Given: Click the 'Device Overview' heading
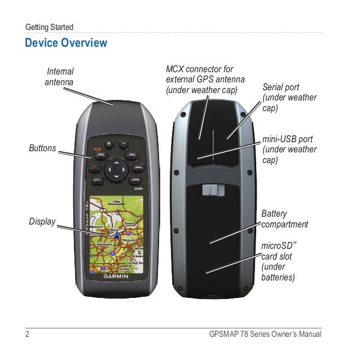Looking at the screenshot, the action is [66, 43].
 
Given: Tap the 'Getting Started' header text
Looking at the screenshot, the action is [49, 27].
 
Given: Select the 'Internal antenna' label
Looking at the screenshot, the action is [59, 77].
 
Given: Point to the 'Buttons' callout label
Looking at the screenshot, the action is [43, 148].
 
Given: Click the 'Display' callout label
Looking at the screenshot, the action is [42, 221].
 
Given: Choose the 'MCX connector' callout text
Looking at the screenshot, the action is [199, 80].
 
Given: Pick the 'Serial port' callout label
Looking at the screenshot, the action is [289, 97].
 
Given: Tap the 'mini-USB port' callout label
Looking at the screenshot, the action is [289, 150].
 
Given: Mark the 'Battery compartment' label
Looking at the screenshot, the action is [285, 219].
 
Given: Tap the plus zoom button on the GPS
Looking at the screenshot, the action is [109, 143].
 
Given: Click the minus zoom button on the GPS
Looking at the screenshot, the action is [124, 143].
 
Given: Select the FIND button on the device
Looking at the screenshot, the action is [100, 154].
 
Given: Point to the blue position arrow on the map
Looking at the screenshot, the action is [111, 231].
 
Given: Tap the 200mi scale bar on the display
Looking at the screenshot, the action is [116, 201].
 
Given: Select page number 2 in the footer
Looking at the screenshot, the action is [27, 335].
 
